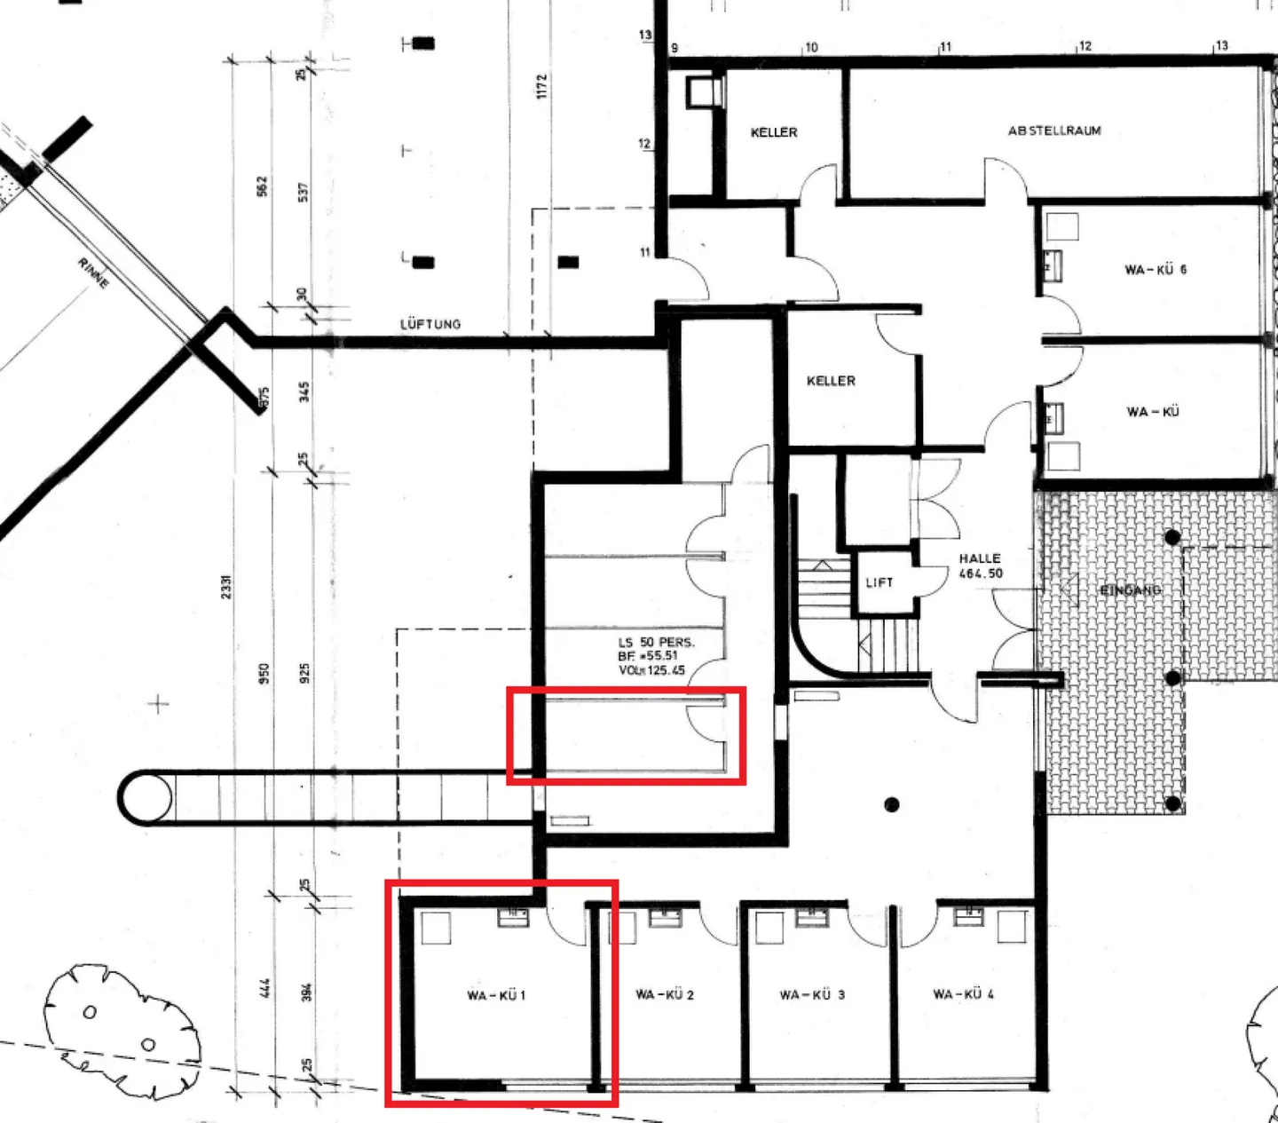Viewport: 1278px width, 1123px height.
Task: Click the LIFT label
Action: (879, 582)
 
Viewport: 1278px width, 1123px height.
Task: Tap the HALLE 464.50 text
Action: (980, 565)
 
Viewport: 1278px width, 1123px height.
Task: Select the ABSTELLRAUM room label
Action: (1054, 130)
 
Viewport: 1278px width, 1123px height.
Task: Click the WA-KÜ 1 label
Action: (496, 995)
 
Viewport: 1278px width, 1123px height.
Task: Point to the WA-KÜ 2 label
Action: (665, 994)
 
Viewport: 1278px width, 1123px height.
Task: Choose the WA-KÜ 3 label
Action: (812, 994)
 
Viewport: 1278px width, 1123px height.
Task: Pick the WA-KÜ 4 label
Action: (963, 994)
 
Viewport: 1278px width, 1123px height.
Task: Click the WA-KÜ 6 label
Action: (1155, 269)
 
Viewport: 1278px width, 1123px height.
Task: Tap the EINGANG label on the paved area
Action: (1130, 590)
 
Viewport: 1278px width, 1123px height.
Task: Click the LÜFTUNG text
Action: (430, 324)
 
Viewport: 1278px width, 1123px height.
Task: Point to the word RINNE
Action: (93, 273)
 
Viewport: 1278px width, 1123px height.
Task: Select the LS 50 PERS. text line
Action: (656, 642)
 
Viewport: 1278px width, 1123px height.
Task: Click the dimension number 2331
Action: (226, 586)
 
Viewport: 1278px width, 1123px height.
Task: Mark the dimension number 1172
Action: (542, 86)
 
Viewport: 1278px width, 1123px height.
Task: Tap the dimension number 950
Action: (264, 674)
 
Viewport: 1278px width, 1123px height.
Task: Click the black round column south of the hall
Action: (892, 804)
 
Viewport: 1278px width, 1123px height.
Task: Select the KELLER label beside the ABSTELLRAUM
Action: (774, 132)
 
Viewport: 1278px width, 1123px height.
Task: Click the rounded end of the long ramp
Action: (145, 798)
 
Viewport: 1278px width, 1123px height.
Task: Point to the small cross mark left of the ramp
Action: (158, 705)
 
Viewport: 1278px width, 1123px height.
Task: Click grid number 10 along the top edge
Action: (810, 48)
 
